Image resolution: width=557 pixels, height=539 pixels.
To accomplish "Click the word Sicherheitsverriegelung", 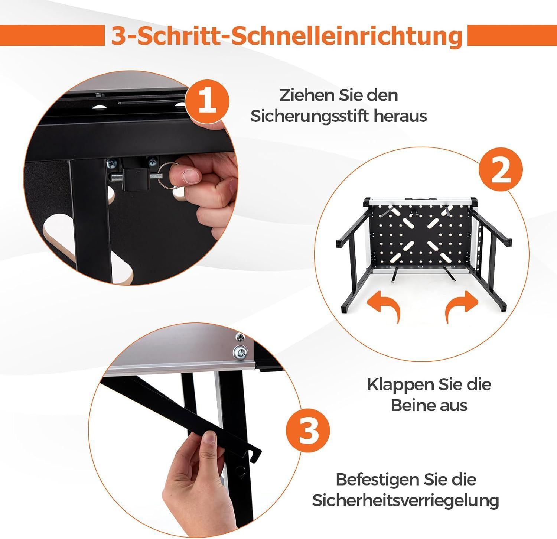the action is [x=405, y=501].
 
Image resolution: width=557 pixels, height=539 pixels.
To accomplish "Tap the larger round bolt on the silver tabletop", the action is [x=240, y=351].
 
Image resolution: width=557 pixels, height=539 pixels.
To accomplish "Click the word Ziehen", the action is [x=302, y=95].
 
